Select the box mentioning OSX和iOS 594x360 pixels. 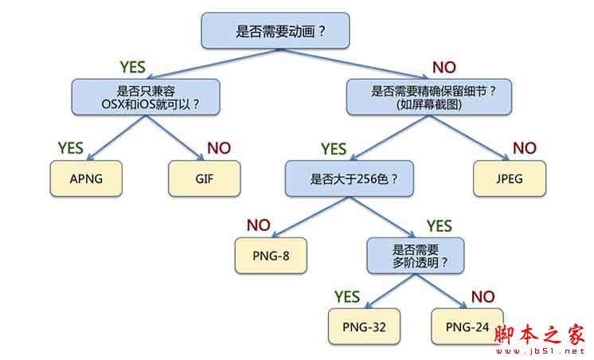[145, 96]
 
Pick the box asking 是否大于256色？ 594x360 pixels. [354, 178]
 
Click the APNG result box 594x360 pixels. [86, 178]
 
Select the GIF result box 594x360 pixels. [205, 178]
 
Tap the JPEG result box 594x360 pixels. [510, 178]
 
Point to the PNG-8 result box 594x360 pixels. [271, 256]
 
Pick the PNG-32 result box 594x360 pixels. [364, 327]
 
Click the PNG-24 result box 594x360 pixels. [467, 327]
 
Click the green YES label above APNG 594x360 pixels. [71, 147]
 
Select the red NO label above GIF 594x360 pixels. [219, 147]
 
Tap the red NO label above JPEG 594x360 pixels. [524, 147]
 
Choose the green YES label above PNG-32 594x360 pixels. [347, 296]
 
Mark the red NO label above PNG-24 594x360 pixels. [483, 296]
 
